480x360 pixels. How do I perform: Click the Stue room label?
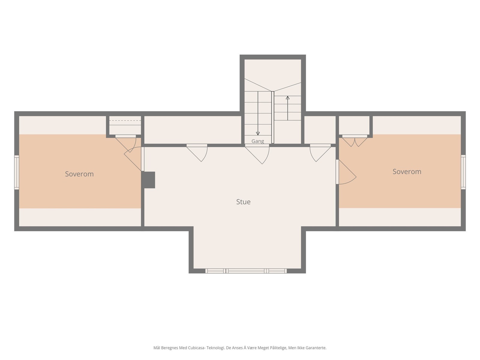click(243, 202)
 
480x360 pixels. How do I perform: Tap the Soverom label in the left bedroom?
click(79, 174)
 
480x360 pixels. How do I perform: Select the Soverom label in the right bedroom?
click(407, 172)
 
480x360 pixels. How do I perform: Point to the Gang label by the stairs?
click(258, 141)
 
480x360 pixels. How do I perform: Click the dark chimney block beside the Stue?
click(148, 180)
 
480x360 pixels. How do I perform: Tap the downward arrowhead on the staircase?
click(258, 133)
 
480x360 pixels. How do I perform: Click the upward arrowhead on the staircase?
click(288, 98)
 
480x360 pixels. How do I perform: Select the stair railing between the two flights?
click(273, 117)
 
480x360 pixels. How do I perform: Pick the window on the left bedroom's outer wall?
click(16, 172)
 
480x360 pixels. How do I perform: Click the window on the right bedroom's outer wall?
click(463, 172)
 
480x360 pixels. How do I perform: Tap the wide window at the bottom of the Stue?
click(246, 271)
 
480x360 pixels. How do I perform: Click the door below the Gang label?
click(257, 154)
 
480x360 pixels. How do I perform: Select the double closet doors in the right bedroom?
click(355, 141)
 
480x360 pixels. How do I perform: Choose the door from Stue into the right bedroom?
click(346, 172)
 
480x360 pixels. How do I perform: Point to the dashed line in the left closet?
click(125, 120)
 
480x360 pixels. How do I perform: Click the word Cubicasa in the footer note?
click(196, 348)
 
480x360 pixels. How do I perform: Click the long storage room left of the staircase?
click(193, 130)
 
